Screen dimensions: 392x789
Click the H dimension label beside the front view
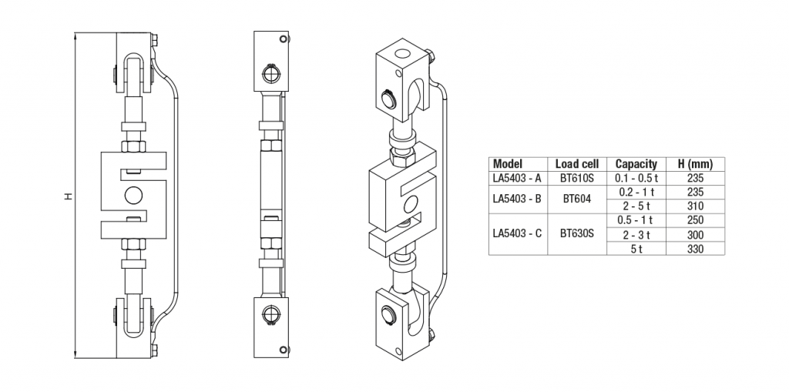point(69,196)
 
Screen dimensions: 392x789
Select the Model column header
point(508,164)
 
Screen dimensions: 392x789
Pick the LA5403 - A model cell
point(517,178)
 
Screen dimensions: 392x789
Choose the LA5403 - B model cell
point(517,198)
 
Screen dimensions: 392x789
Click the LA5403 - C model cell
point(517,230)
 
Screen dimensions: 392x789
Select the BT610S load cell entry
point(577,178)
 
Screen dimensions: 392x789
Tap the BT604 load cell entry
point(576,198)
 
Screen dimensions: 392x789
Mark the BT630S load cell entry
point(577,230)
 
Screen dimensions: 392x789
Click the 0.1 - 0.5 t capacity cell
point(636,178)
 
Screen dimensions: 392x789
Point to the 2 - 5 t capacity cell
point(636,206)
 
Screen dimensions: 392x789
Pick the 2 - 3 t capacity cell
point(636,234)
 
